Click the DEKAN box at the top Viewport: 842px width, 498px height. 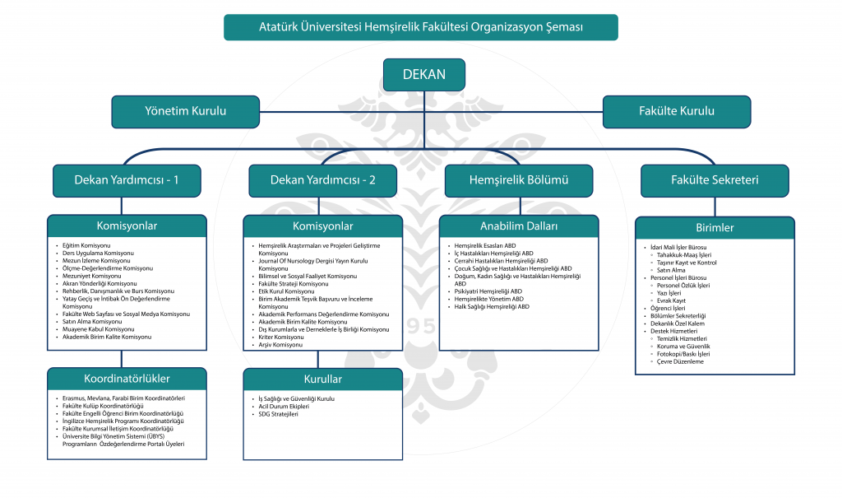pyautogui.click(x=423, y=74)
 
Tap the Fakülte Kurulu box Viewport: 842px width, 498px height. pyautogui.click(x=676, y=111)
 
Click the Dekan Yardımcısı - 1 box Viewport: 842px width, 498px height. pyautogui.click(x=127, y=180)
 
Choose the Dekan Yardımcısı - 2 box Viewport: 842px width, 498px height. pyautogui.click(x=323, y=180)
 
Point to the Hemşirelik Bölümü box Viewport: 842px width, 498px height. pyautogui.click(x=518, y=180)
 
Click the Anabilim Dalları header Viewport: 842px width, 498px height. pyautogui.click(x=519, y=226)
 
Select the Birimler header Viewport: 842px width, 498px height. pyautogui.click(x=714, y=228)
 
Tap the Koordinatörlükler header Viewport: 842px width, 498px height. pyautogui.click(x=127, y=379)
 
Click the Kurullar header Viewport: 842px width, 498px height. pyautogui.click(x=322, y=379)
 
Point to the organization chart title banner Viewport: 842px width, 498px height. pyautogui.click(x=420, y=26)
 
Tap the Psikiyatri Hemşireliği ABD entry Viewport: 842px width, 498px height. pyautogui.click(x=488, y=291)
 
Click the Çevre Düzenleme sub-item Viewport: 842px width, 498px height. pyautogui.click(x=680, y=361)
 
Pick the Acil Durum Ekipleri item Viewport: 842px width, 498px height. pyautogui.click(x=284, y=407)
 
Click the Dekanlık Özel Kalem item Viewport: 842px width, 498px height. pyautogui.click(x=678, y=323)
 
